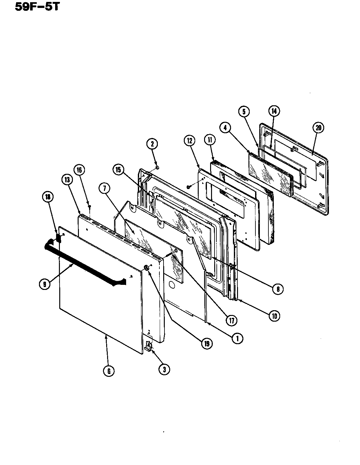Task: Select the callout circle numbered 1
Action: click(x=237, y=338)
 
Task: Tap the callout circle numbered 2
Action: click(x=152, y=144)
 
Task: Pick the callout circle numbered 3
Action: click(x=164, y=369)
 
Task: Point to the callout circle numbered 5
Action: click(x=244, y=111)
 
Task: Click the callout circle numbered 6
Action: click(x=108, y=371)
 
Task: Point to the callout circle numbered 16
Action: click(x=79, y=170)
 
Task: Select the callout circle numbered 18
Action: click(x=47, y=197)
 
